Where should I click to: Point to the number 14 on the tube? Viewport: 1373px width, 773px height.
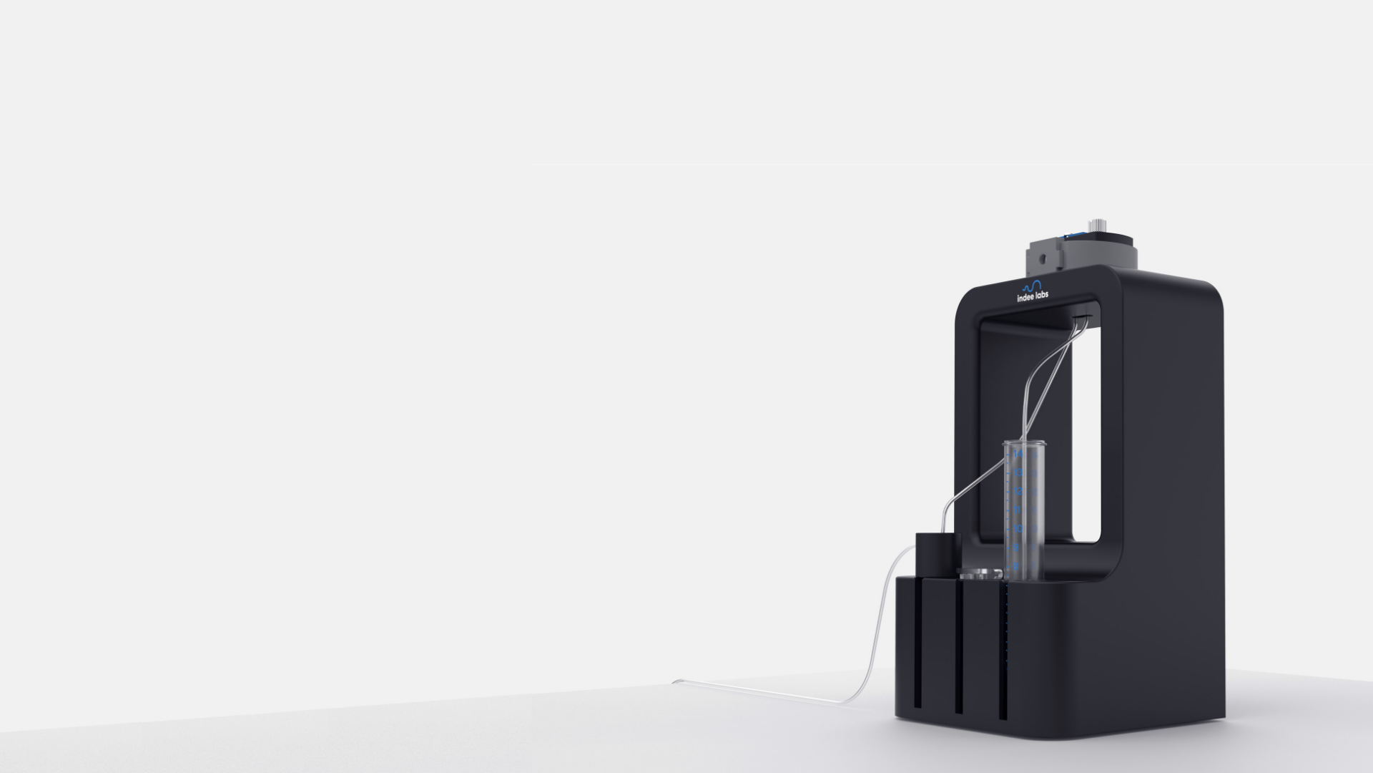pyautogui.click(x=1018, y=454)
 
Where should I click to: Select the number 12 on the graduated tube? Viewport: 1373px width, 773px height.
pyautogui.click(x=1018, y=491)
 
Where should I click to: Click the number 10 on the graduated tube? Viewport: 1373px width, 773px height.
pyautogui.click(x=1018, y=528)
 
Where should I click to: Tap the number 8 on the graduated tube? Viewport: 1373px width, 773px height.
pyautogui.click(x=1016, y=566)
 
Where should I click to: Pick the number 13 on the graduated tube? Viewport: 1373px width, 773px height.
pyautogui.click(x=1018, y=472)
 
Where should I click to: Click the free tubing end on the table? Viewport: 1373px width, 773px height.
pyautogui.click(x=676, y=681)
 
